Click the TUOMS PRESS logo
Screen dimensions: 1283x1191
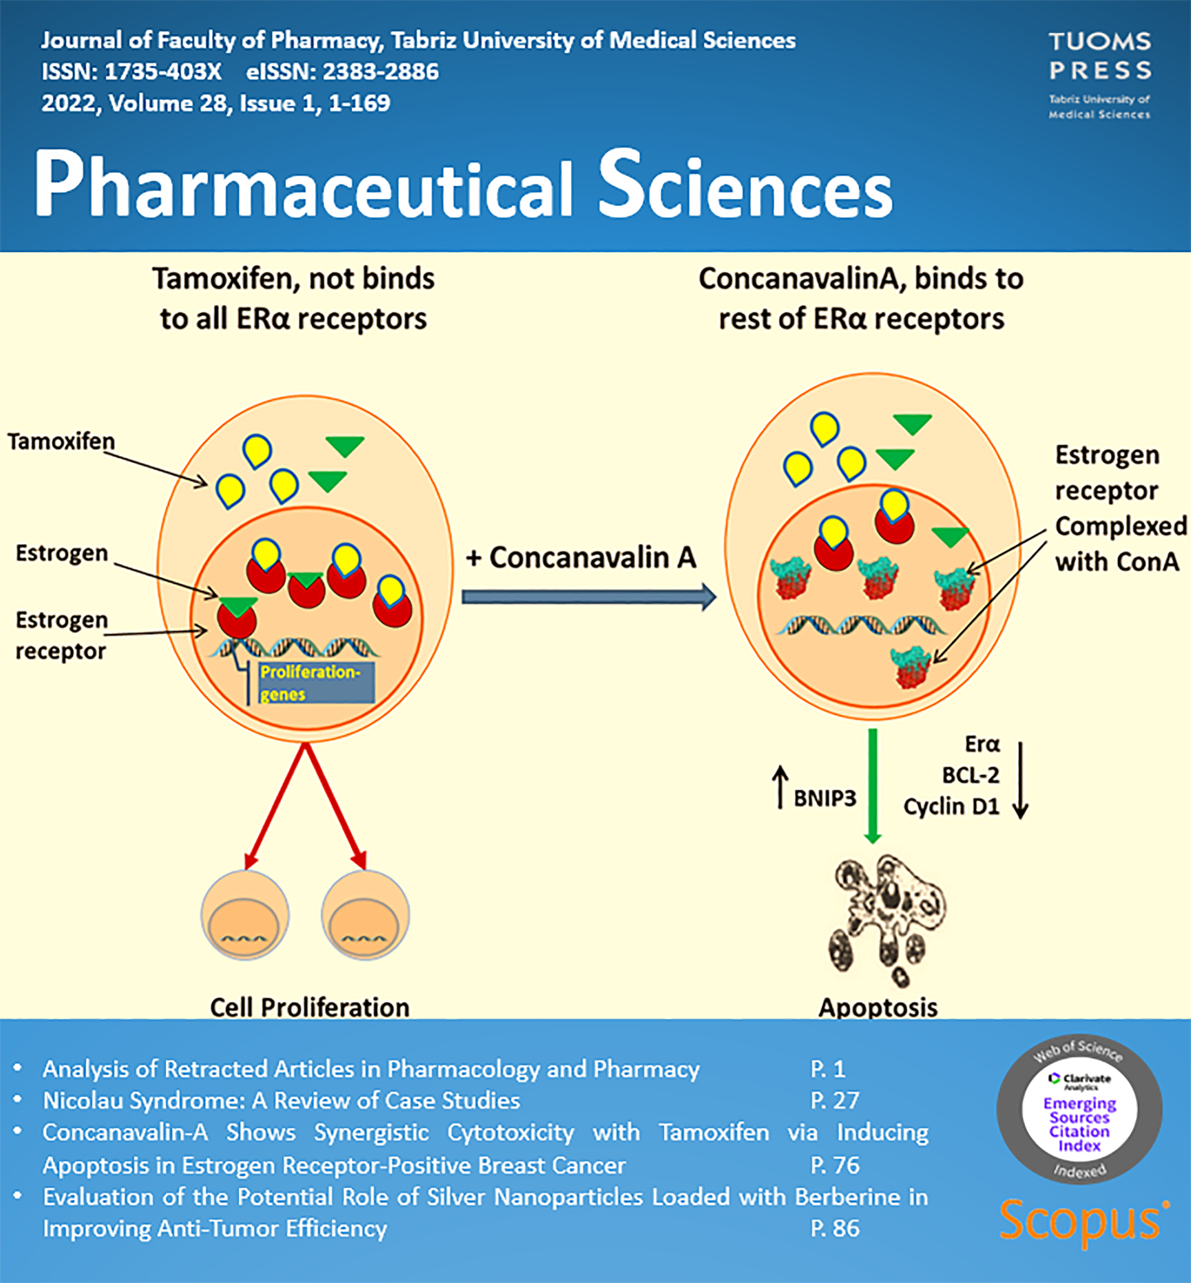tap(1100, 73)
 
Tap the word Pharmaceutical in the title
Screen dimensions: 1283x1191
tap(303, 187)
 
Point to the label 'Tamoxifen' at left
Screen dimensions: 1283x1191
tap(61, 441)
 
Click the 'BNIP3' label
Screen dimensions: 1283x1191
tap(824, 799)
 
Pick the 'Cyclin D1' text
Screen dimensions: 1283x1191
tap(951, 806)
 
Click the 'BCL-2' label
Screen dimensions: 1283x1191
tap(970, 775)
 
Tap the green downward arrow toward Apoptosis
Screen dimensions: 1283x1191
tap(873, 786)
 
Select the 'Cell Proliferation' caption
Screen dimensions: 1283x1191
tap(309, 1007)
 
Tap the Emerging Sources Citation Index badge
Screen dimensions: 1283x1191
tap(1079, 1109)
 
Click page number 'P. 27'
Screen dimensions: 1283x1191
tap(834, 1101)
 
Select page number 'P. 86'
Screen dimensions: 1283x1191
tap(834, 1228)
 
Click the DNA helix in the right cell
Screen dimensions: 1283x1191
tap(861, 625)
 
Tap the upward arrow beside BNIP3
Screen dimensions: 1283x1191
tap(780, 786)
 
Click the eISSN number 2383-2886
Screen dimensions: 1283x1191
tap(380, 72)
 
